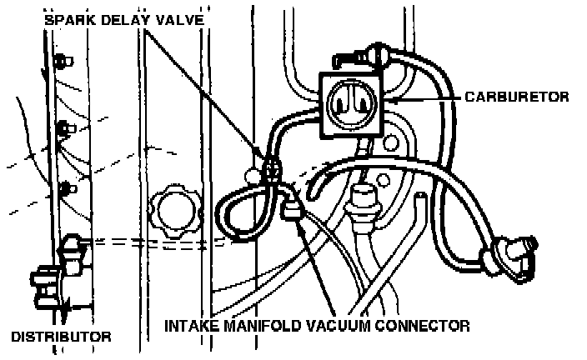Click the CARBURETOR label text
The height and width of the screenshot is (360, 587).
(x=518, y=97)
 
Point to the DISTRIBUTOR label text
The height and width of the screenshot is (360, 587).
(x=61, y=337)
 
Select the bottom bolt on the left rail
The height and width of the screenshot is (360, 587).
(x=70, y=186)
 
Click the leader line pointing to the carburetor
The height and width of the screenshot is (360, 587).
(x=429, y=97)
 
